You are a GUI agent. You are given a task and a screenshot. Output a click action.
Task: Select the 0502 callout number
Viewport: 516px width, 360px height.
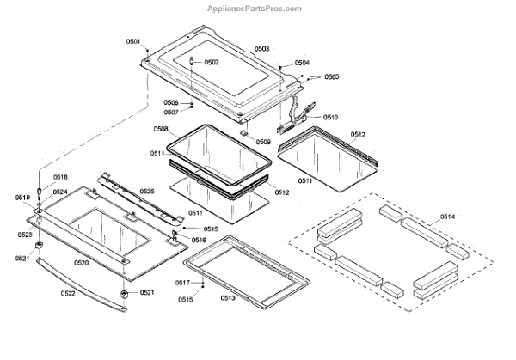(211, 63)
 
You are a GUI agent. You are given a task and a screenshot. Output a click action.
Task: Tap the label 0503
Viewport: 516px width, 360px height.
(261, 49)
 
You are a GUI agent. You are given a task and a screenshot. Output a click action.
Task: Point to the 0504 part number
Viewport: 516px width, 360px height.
(301, 63)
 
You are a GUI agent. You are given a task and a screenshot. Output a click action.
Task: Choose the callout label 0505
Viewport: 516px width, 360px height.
(331, 76)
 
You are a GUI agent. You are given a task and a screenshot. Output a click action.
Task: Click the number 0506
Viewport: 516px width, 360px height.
(171, 103)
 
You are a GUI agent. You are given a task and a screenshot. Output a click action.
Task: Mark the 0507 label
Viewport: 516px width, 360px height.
(171, 113)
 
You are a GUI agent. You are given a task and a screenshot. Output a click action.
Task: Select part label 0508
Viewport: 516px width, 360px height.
(161, 129)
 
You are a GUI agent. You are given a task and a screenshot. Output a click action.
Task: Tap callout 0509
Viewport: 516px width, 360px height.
(263, 142)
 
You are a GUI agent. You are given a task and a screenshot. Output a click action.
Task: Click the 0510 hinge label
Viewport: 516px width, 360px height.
(330, 117)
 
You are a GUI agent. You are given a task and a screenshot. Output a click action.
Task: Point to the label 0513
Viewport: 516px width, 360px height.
(228, 297)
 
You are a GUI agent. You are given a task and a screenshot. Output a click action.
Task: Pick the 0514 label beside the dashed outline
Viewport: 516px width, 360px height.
(449, 216)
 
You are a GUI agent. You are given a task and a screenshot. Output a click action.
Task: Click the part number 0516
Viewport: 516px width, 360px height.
(199, 241)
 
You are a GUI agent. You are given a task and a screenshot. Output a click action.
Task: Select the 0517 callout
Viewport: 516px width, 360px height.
(183, 283)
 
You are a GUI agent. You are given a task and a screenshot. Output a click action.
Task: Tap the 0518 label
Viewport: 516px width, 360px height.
(58, 177)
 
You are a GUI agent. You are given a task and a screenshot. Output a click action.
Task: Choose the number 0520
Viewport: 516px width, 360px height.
(81, 262)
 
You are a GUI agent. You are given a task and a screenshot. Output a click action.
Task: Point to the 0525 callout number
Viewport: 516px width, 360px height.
(147, 191)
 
